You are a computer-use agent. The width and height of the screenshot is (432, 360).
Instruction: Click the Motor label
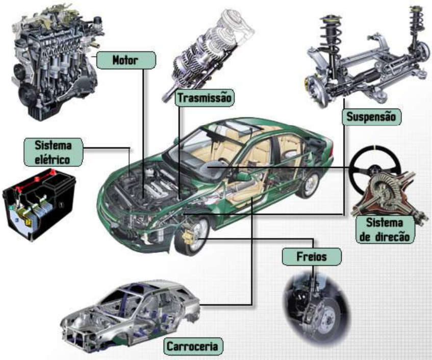pos(125,60)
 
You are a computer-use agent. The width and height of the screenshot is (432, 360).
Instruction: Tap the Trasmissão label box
pos(204,97)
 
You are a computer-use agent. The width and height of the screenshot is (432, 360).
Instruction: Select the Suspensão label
pos(371,117)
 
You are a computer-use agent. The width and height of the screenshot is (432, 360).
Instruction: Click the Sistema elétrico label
pos(53,151)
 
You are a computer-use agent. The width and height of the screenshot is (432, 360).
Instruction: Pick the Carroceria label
pos(193,347)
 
